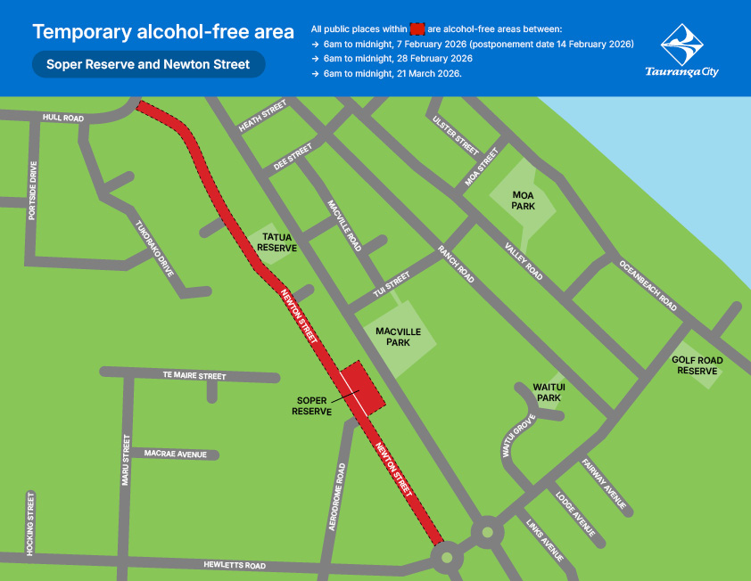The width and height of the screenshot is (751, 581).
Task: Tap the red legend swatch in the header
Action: (417, 30)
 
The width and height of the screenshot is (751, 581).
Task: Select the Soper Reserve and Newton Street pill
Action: (148, 64)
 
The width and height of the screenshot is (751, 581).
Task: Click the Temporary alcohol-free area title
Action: (163, 32)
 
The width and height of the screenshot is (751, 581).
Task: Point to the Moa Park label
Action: (523, 200)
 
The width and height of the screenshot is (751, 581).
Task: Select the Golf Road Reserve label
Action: (697, 365)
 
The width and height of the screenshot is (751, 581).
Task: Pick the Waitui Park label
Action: (548, 392)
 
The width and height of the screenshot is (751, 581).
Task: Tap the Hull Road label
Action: (62, 118)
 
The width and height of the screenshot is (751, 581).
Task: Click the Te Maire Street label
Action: (194, 376)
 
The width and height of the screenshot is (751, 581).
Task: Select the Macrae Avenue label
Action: (175, 454)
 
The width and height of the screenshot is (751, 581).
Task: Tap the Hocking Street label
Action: (30, 524)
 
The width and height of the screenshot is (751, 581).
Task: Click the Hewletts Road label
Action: (234, 565)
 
